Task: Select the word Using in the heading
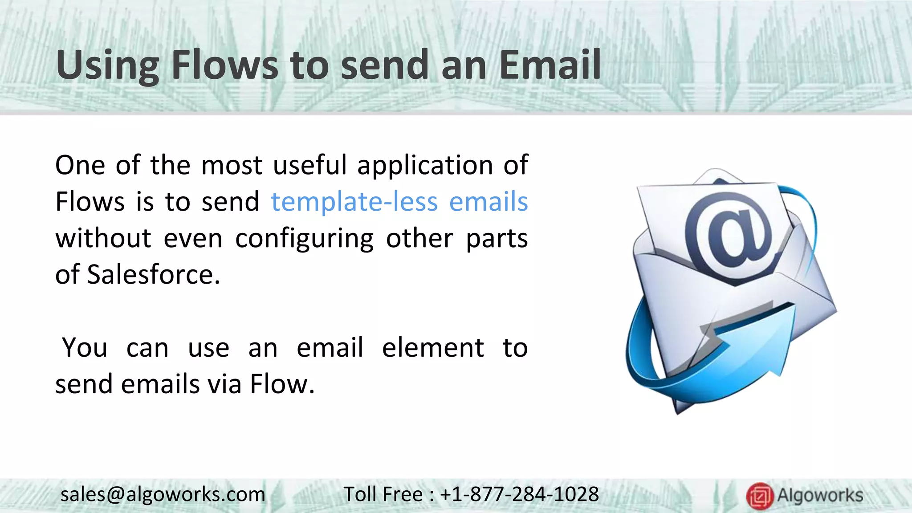(107, 66)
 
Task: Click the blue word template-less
(354, 202)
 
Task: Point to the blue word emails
(488, 202)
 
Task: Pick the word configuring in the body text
(304, 239)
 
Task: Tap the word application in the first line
(425, 165)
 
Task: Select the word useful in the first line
(309, 165)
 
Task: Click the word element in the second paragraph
(433, 348)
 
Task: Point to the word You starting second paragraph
(85, 348)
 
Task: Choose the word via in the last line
(224, 384)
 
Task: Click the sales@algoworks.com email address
(163, 494)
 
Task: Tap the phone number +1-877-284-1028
(519, 494)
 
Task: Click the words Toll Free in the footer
(383, 494)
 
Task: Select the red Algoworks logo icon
(760, 496)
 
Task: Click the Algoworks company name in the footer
(820, 495)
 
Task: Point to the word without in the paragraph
(103, 239)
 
